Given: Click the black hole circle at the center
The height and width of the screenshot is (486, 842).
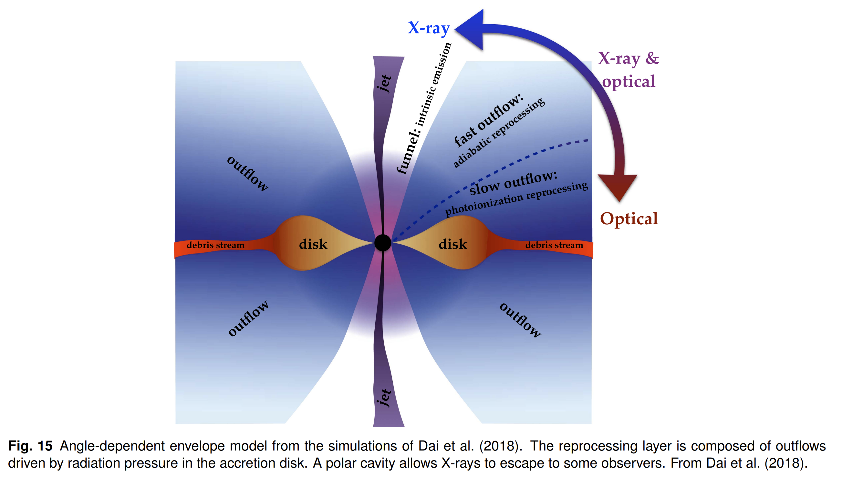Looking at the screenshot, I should click(382, 243).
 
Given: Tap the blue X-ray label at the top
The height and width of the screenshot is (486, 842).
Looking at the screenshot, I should click(429, 28).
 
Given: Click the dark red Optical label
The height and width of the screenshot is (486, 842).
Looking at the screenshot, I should click(629, 219).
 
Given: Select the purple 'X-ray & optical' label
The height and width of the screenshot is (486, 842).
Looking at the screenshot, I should click(628, 70).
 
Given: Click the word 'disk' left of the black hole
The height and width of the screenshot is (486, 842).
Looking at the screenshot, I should click(313, 244).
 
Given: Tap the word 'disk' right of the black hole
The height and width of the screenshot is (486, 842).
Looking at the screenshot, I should click(452, 244).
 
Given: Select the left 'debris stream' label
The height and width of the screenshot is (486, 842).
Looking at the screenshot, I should click(215, 245).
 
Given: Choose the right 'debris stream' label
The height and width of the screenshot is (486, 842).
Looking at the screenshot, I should click(554, 245).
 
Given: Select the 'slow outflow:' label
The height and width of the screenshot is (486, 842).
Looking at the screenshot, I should click(513, 183).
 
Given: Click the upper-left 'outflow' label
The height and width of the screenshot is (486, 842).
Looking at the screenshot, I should click(247, 174).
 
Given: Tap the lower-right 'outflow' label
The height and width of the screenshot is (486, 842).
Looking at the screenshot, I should click(520, 320).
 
